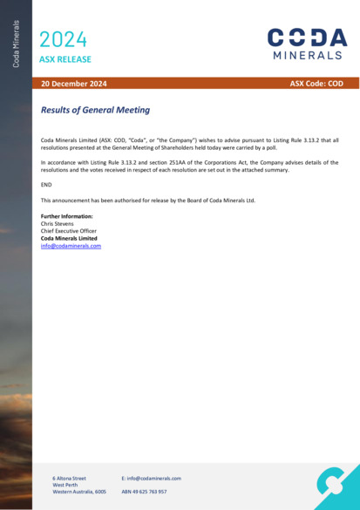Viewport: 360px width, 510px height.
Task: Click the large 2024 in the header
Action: point(64,38)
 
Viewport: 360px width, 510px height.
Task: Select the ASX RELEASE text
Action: point(65,59)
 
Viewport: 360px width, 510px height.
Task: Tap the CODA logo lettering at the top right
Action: point(307,37)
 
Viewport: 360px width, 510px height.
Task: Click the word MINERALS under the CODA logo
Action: point(308,55)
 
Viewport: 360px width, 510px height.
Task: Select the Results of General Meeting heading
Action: point(95,111)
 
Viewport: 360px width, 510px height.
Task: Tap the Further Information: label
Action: point(67,216)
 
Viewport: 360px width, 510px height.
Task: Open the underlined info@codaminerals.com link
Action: point(71,246)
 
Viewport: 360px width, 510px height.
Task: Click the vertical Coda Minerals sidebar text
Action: point(16,44)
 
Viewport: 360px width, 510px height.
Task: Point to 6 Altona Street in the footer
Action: point(69,478)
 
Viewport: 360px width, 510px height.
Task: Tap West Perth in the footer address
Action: point(65,485)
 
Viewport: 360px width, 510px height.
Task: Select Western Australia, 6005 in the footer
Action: point(78,492)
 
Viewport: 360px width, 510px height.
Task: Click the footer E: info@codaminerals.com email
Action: point(151,478)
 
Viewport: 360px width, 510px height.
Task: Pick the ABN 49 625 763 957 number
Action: point(144,492)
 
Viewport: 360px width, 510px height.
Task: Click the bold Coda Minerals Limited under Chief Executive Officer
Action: point(69,238)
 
